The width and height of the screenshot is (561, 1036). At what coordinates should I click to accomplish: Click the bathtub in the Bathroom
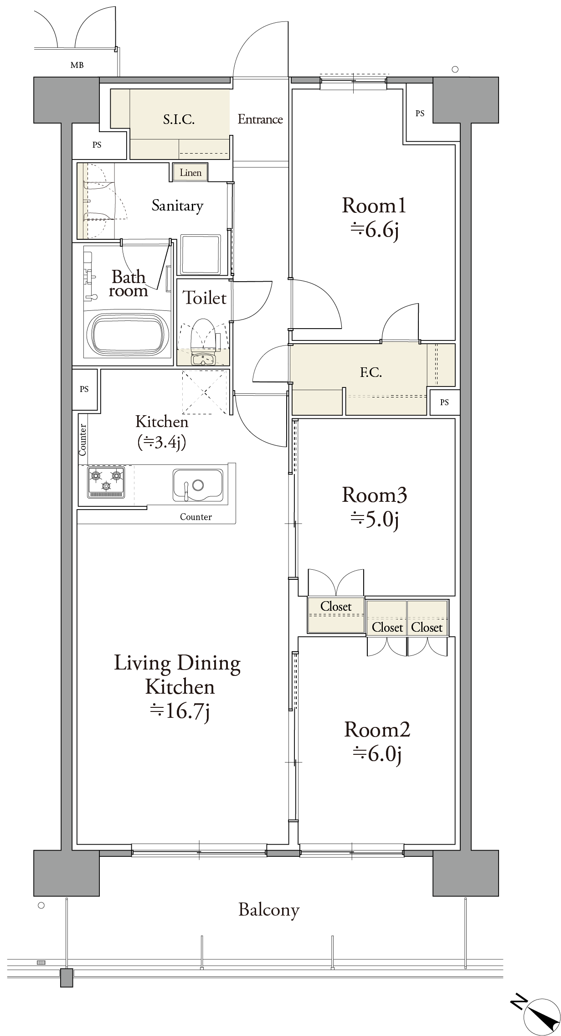[x=128, y=333]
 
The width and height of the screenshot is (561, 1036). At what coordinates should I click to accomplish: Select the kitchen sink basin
[x=197, y=485]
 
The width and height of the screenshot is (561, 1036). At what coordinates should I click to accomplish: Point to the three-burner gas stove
[x=106, y=482]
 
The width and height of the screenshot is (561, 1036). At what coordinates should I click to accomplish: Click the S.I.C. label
[x=179, y=119]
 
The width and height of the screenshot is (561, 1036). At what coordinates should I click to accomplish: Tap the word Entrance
[x=260, y=119]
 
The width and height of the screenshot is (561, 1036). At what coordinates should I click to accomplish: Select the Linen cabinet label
[x=190, y=173]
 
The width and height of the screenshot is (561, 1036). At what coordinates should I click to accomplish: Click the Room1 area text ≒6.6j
[x=375, y=231]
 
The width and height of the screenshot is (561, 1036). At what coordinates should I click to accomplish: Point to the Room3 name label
[x=374, y=495]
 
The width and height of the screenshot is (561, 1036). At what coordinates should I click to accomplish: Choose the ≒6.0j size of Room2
[x=377, y=754]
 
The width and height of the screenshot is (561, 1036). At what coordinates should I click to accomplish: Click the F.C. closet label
[x=371, y=372]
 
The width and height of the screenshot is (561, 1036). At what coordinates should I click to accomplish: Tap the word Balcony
[x=269, y=910]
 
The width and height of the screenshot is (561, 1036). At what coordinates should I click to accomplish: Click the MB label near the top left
[x=77, y=65]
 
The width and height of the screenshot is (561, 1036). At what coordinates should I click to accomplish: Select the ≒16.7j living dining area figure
[x=180, y=711]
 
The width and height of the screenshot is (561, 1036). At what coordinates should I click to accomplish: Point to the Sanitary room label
[x=177, y=206]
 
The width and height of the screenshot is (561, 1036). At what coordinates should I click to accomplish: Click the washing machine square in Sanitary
[x=201, y=254]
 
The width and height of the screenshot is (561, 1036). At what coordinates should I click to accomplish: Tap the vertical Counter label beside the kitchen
[x=82, y=439]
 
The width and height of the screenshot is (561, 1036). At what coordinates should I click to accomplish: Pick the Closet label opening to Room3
[x=336, y=606]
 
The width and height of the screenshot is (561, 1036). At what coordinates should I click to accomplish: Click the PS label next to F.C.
[x=444, y=402]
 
